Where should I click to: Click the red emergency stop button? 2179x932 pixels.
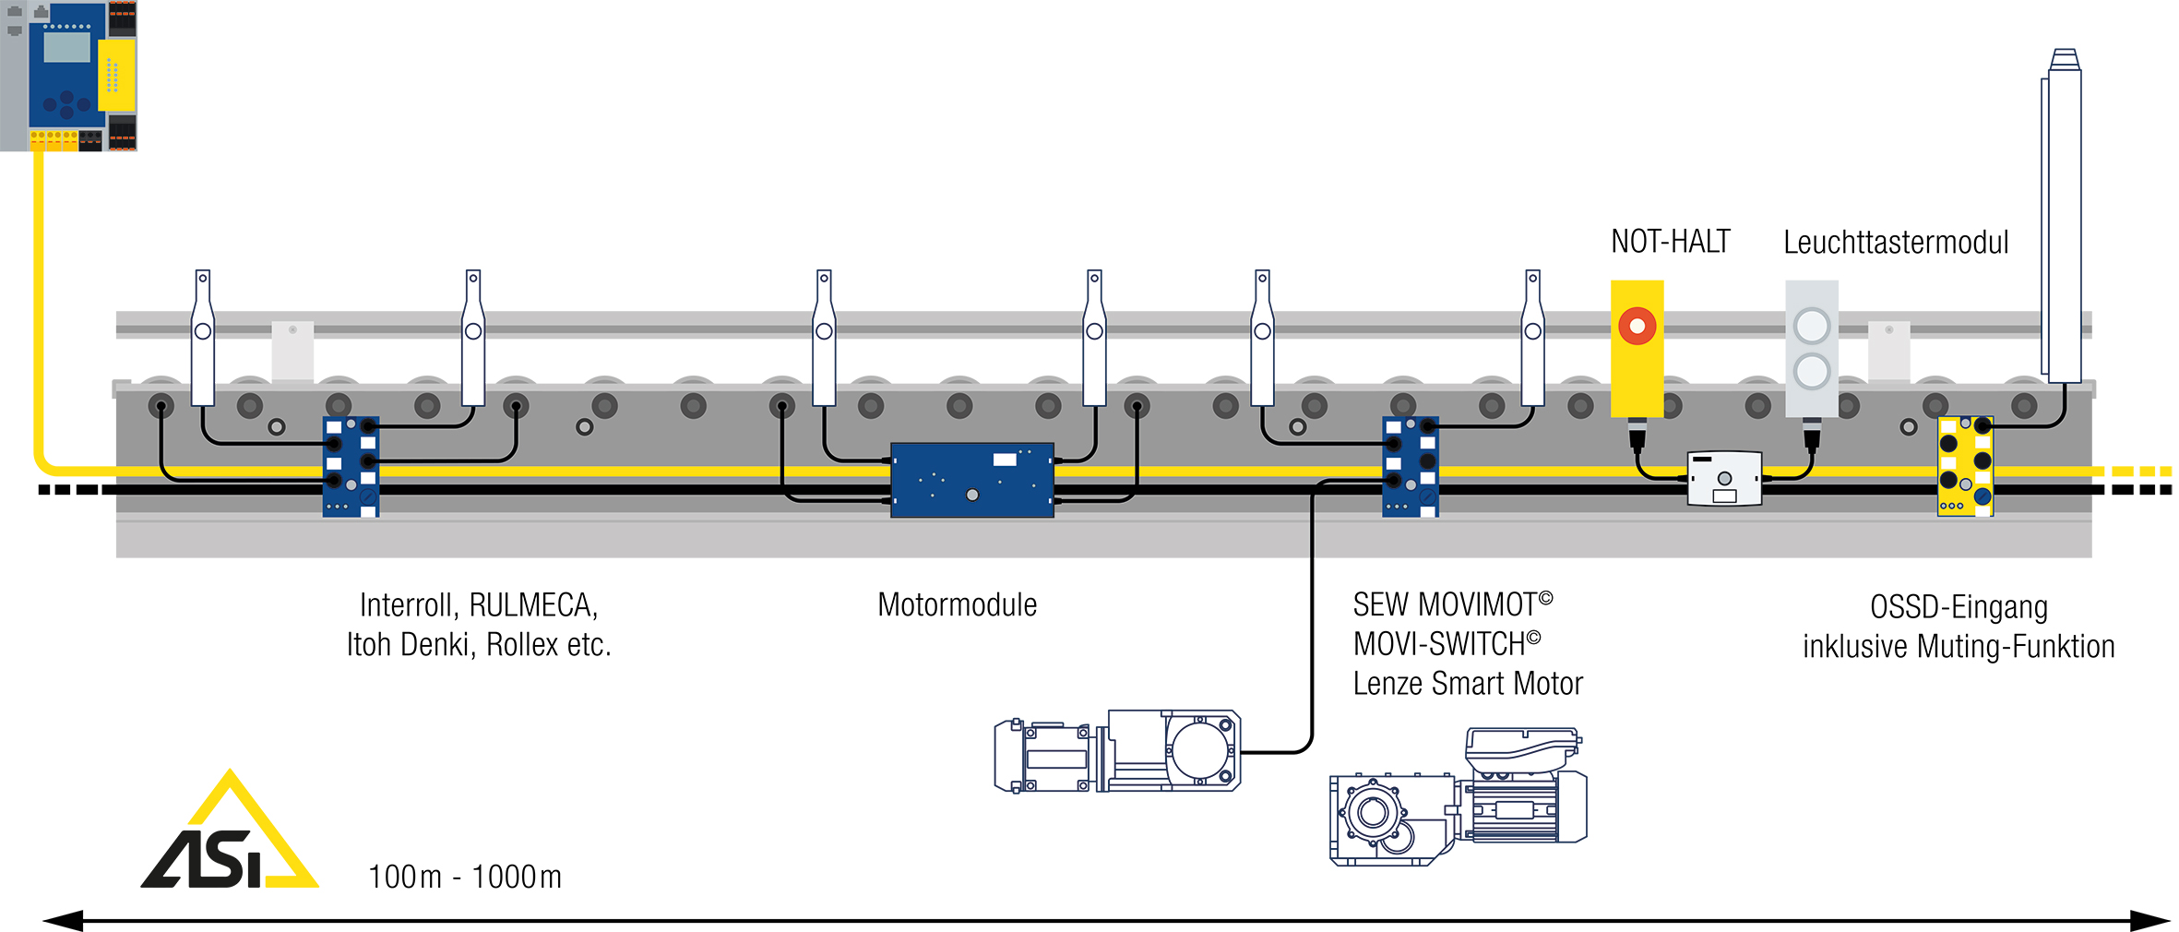click(1637, 326)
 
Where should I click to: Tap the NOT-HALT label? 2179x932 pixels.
click(1670, 242)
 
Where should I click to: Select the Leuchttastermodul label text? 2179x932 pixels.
click(1895, 243)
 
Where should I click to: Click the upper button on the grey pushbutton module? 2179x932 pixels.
click(1812, 326)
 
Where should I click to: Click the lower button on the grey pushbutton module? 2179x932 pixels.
click(1812, 372)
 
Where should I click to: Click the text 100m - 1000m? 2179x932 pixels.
click(465, 877)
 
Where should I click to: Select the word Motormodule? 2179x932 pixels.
click(957, 605)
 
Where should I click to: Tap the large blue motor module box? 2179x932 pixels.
click(971, 480)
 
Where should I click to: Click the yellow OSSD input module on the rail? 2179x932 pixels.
click(1965, 466)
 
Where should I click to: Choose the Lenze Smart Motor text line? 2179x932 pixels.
click(1467, 684)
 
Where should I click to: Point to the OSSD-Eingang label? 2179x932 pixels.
click(1959, 607)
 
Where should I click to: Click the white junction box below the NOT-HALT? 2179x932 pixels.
click(1724, 478)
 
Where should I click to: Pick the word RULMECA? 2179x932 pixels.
click(533, 605)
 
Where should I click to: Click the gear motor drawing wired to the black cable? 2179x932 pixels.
click(1117, 751)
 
